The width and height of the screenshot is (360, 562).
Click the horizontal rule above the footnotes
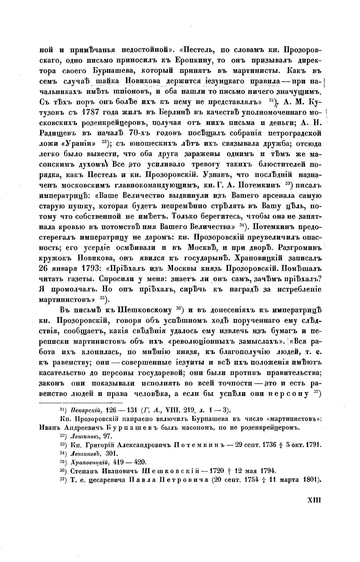tap(80, 403)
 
